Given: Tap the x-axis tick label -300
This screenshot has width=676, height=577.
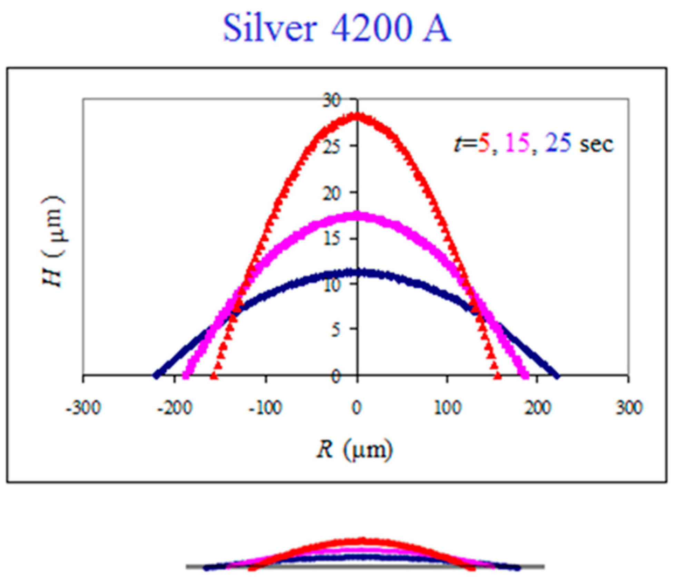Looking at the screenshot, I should click(x=84, y=408).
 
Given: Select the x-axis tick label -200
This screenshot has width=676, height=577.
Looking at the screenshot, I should click(x=175, y=408).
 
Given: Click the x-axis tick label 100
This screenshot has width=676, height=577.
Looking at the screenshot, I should click(x=447, y=408).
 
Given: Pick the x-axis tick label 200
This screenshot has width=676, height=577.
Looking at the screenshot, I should click(x=538, y=408).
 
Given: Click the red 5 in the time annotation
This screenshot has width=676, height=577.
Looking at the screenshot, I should click(x=484, y=144).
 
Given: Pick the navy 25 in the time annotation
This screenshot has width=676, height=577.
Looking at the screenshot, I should click(x=557, y=144).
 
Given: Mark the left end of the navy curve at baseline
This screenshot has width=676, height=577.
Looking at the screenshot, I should click(x=157, y=375).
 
